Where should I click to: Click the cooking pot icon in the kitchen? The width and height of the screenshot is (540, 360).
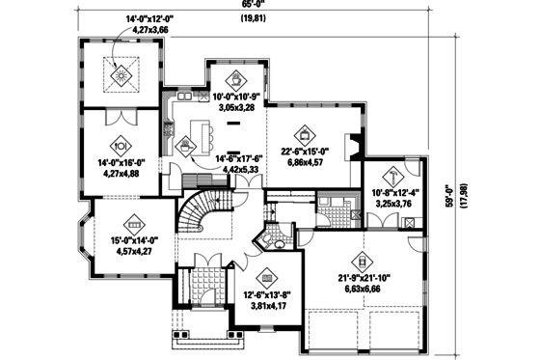point(185,147)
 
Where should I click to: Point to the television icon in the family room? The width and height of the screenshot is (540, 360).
point(304,135)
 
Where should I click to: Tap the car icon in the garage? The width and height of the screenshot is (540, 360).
point(364,260)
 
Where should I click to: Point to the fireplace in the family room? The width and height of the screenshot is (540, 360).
point(356,145)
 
